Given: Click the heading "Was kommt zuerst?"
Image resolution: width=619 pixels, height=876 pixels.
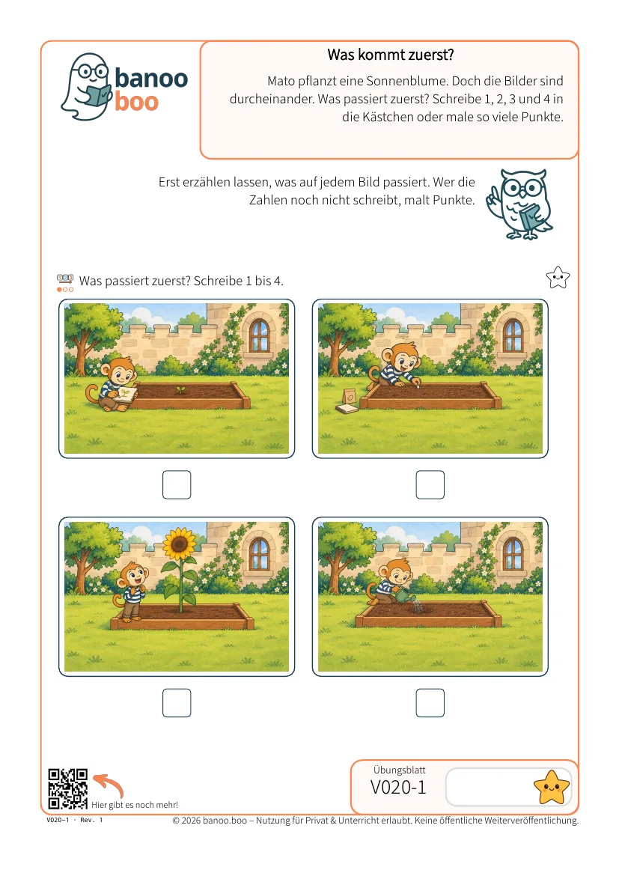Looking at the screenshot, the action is point(391,55).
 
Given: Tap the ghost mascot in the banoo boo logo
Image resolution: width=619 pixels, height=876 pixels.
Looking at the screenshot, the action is point(87,87).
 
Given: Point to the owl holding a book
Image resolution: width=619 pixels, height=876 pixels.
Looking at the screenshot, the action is point(521,204).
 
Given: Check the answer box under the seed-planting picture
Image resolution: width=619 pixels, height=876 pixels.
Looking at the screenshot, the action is point(430,484).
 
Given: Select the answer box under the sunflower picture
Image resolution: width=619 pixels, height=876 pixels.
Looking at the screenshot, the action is point(177,703).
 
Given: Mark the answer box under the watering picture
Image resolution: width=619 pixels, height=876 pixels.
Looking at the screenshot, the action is point(430,703).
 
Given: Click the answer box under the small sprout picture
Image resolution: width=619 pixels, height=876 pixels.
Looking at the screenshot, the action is point(177,484).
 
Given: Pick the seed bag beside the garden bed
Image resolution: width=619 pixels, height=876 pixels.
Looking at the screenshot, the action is point(350,396).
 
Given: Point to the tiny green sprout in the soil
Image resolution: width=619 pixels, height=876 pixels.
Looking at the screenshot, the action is point(180,389).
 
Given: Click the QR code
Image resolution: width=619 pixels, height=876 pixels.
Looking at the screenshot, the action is point(67,789).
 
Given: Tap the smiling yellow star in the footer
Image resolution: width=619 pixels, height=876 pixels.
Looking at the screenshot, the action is point(552,787).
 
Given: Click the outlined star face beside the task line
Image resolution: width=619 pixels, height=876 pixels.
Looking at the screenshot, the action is point(558,278).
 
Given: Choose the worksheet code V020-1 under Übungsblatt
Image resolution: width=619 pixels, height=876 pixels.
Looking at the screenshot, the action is point(398,787).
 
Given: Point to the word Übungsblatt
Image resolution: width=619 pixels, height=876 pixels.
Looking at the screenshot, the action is point(400,770).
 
